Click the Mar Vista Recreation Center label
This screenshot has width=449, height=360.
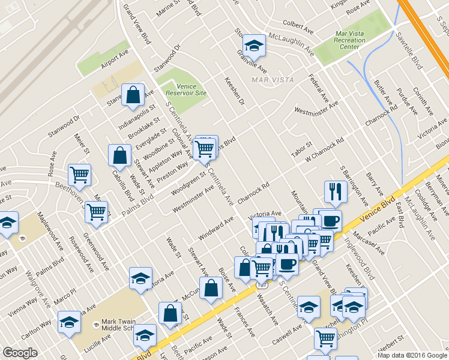click(349, 40)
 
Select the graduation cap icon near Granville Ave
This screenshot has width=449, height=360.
click(254, 45)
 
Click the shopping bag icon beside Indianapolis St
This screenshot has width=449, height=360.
click(133, 95)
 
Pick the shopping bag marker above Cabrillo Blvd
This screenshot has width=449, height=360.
click(119, 155)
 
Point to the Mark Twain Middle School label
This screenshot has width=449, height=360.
click(120, 325)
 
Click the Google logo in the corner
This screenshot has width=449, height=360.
click(20, 352)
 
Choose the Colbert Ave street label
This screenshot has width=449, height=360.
click(299, 28)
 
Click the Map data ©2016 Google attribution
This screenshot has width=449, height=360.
click(412, 355)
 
